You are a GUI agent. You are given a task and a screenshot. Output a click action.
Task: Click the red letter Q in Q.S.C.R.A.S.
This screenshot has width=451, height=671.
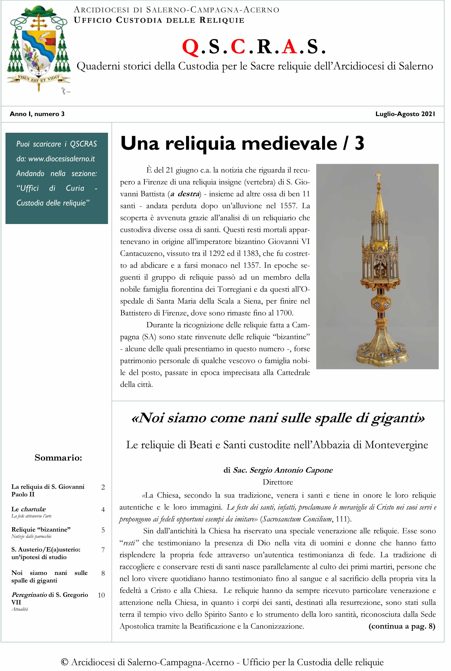point(190,47)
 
